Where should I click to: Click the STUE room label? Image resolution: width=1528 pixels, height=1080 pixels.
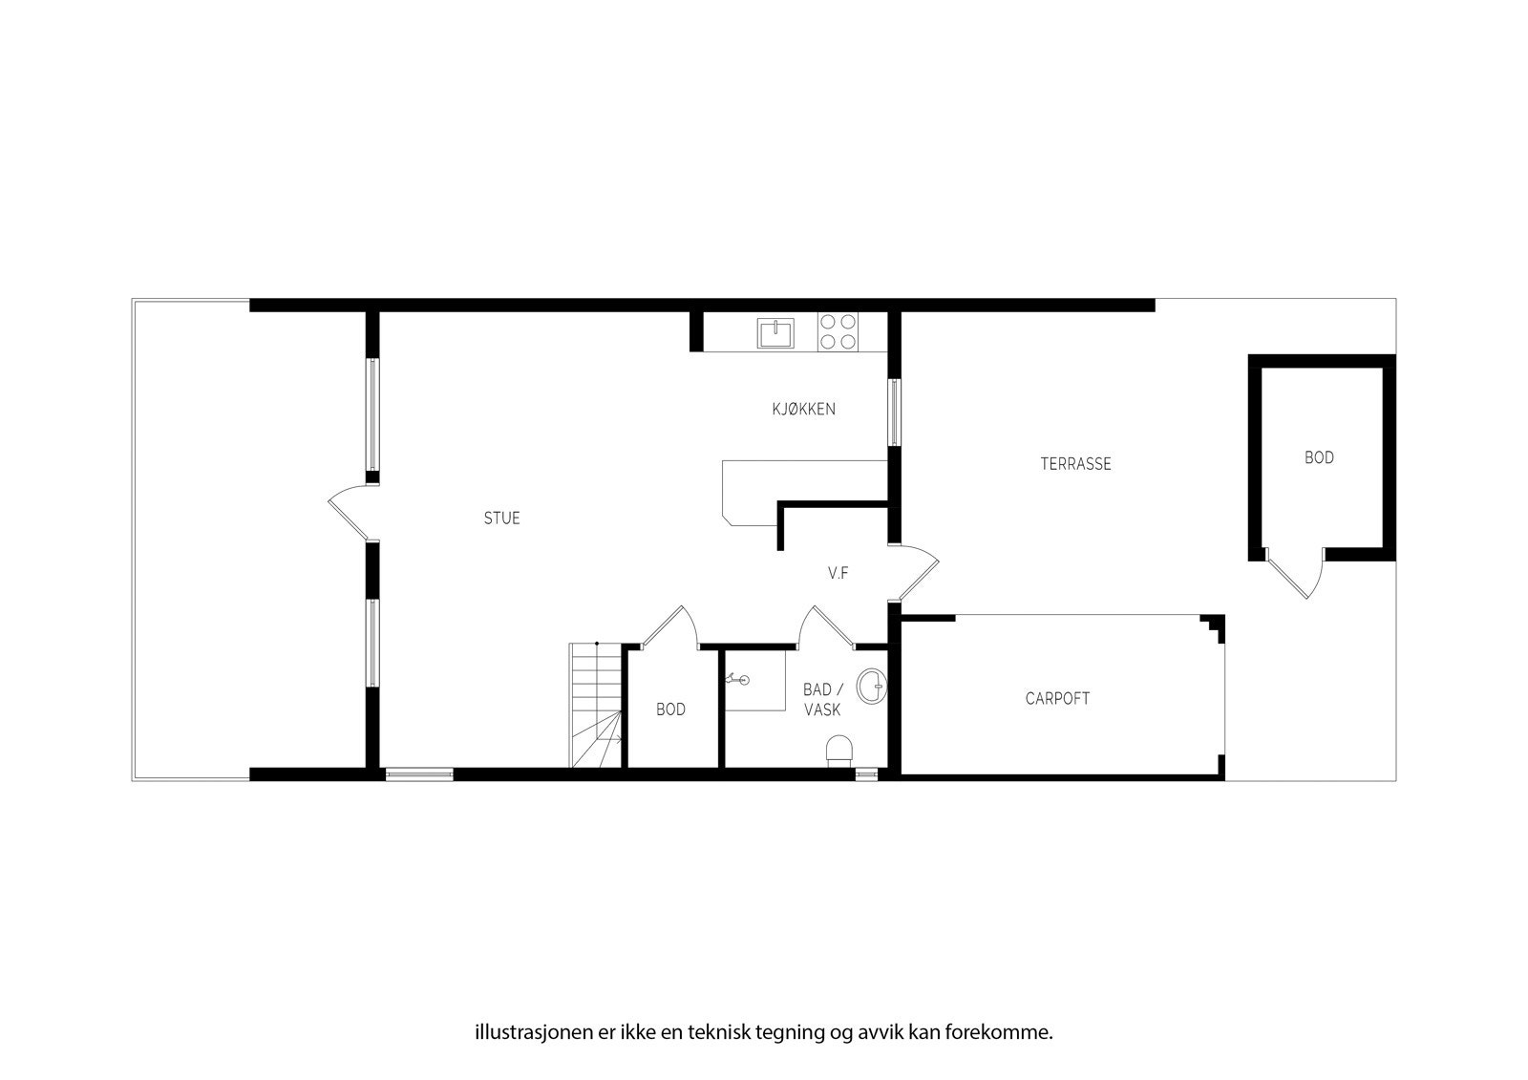(x=501, y=519)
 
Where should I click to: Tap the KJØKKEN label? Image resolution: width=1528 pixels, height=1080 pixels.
(x=803, y=410)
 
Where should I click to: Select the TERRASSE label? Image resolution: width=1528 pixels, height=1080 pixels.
(x=1075, y=464)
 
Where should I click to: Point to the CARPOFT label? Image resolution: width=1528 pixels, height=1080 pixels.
(x=1057, y=698)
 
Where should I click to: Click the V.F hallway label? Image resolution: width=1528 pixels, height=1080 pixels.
(x=838, y=573)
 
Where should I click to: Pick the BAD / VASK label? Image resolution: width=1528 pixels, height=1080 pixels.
(x=821, y=700)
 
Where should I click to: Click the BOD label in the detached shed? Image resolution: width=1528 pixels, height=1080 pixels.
(x=1319, y=458)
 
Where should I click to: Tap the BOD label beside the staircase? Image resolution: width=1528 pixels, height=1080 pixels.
(x=670, y=709)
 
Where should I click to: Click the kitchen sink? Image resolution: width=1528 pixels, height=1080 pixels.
(x=776, y=333)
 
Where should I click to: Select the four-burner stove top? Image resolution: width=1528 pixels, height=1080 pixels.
(x=838, y=332)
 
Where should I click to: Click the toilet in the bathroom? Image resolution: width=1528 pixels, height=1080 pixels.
(x=838, y=751)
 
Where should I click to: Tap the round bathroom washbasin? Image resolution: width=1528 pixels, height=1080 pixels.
(x=871, y=686)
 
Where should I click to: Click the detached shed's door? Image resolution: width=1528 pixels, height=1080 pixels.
(x=1295, y=573)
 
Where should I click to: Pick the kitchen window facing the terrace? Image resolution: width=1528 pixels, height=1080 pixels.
(x=894, y=412)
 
